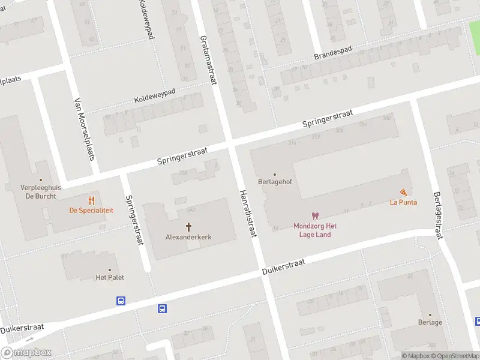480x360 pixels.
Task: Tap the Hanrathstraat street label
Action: tap(247, 213)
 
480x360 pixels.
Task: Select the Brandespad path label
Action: tap(333, 53)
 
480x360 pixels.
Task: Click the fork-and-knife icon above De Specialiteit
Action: tap(91, 200)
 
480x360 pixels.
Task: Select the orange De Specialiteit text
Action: tap(91, 211)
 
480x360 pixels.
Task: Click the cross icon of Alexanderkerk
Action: tap(189, 227)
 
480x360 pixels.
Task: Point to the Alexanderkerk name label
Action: tap(189, 237)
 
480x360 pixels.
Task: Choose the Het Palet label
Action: tap(109, 277)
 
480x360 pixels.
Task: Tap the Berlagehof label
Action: tap(275, 182)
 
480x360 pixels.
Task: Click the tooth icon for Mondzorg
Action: tap(315, 216)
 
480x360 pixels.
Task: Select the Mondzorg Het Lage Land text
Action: tap(315, 230)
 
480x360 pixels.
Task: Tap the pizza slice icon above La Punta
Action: tap(403, 192)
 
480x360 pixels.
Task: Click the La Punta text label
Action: tap(403, 202)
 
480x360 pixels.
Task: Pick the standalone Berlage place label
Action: tap(430, 322)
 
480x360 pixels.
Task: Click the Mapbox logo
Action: tap(26, 353)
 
